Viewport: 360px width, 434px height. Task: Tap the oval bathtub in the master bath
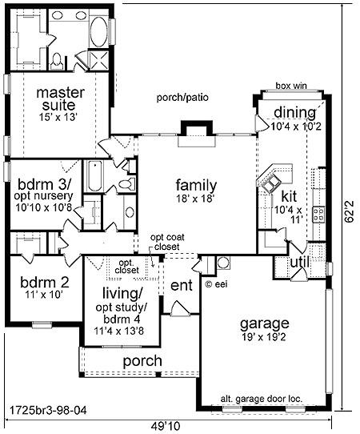(99, 32)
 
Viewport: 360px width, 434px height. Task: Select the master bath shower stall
(98, 60)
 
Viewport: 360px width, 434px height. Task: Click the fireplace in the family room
(197, 134)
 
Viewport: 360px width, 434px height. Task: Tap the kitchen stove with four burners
(318, 215)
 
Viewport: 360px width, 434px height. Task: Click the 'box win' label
(291, 86)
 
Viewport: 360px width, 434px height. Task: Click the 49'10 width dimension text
(166, 425)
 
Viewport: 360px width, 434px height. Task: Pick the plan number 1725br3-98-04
(48, 410)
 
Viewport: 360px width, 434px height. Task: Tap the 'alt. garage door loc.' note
(262, 399)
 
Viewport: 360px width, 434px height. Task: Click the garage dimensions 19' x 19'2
(264, 337)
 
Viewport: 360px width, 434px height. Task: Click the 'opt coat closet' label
(167, 242)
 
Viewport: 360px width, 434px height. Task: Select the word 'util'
(300, 263)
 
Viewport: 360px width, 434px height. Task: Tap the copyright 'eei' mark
(217, 284)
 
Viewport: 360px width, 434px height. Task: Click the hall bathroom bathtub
(94, 175)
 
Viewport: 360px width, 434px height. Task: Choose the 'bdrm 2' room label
(45, 283)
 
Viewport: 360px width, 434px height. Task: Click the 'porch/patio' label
(182, 98)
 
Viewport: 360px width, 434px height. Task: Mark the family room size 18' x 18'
(196, 198)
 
